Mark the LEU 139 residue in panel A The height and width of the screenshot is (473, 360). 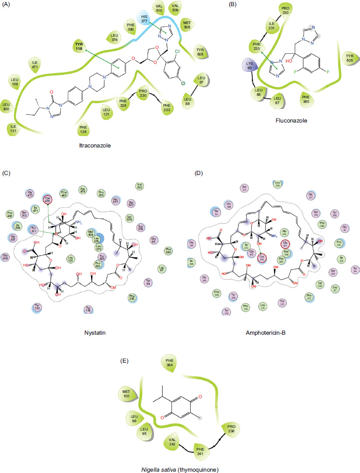point(15,83)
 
